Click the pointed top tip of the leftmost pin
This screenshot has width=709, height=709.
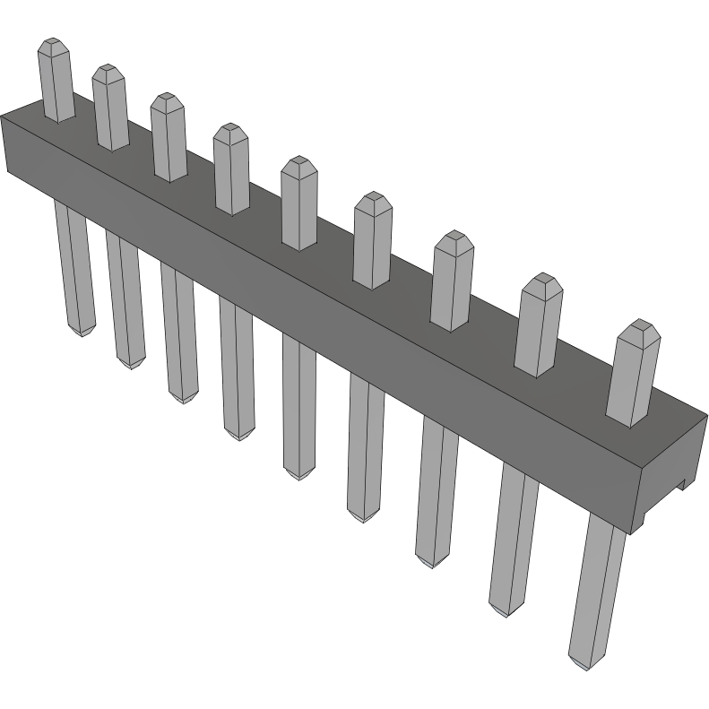(x=54, y=43)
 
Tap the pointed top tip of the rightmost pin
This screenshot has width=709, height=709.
(x=639, y=325)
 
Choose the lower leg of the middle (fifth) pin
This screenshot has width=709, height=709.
(x=299, y=403)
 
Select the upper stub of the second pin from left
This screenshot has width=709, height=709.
(x=109, y=108)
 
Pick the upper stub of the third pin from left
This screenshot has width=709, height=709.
(x=168, y=138)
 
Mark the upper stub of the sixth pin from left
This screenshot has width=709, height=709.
(x=372, y=242)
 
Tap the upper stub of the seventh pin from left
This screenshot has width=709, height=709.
(x=452, y=281)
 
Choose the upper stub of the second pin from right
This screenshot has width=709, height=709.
(x=538, y=326)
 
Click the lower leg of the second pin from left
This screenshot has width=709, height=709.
(x=125, y=296)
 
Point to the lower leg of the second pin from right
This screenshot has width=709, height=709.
(x=511, y=538)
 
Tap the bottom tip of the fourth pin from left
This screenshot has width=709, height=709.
(x=238, y=435)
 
